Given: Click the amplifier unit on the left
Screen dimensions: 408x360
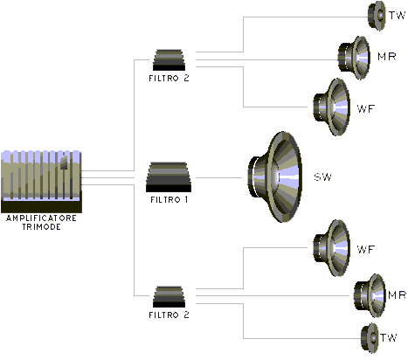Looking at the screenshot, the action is pos(41,182).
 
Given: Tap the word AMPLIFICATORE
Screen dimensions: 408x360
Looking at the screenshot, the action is pos(41,218).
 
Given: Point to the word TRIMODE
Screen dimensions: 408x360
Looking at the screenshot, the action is pos(42,227).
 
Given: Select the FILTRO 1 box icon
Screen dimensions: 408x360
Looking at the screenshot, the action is pos(169,177).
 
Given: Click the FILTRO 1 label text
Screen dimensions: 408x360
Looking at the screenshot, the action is pos(169,200).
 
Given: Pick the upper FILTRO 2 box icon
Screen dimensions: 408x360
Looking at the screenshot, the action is pos(169,60).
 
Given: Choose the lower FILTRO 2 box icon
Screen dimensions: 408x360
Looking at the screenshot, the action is pos(169,297).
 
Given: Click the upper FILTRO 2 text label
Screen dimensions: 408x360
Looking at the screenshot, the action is pos(169,79).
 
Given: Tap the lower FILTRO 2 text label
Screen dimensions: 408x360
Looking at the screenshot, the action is pos(169,315).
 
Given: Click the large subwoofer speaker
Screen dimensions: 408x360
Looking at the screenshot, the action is pos(274,177).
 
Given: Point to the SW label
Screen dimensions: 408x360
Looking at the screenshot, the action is pos(323,177).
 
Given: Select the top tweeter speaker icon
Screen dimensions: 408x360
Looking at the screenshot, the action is pos(377,16).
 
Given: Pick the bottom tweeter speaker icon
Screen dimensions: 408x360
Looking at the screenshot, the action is pos(370,338).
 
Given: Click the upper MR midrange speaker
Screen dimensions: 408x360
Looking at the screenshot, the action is pos(354,58).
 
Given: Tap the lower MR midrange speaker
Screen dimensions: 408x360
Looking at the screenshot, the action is pos(370,295).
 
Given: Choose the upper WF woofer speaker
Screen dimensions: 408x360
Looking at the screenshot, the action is pos(332,107).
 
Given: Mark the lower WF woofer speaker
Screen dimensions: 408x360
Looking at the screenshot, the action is pos(332,248).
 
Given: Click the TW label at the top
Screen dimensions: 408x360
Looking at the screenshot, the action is pos(398,15).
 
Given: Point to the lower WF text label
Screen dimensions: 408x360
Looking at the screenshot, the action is pos(366,249).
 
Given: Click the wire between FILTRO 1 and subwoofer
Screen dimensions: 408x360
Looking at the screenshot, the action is pos(218,177).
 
